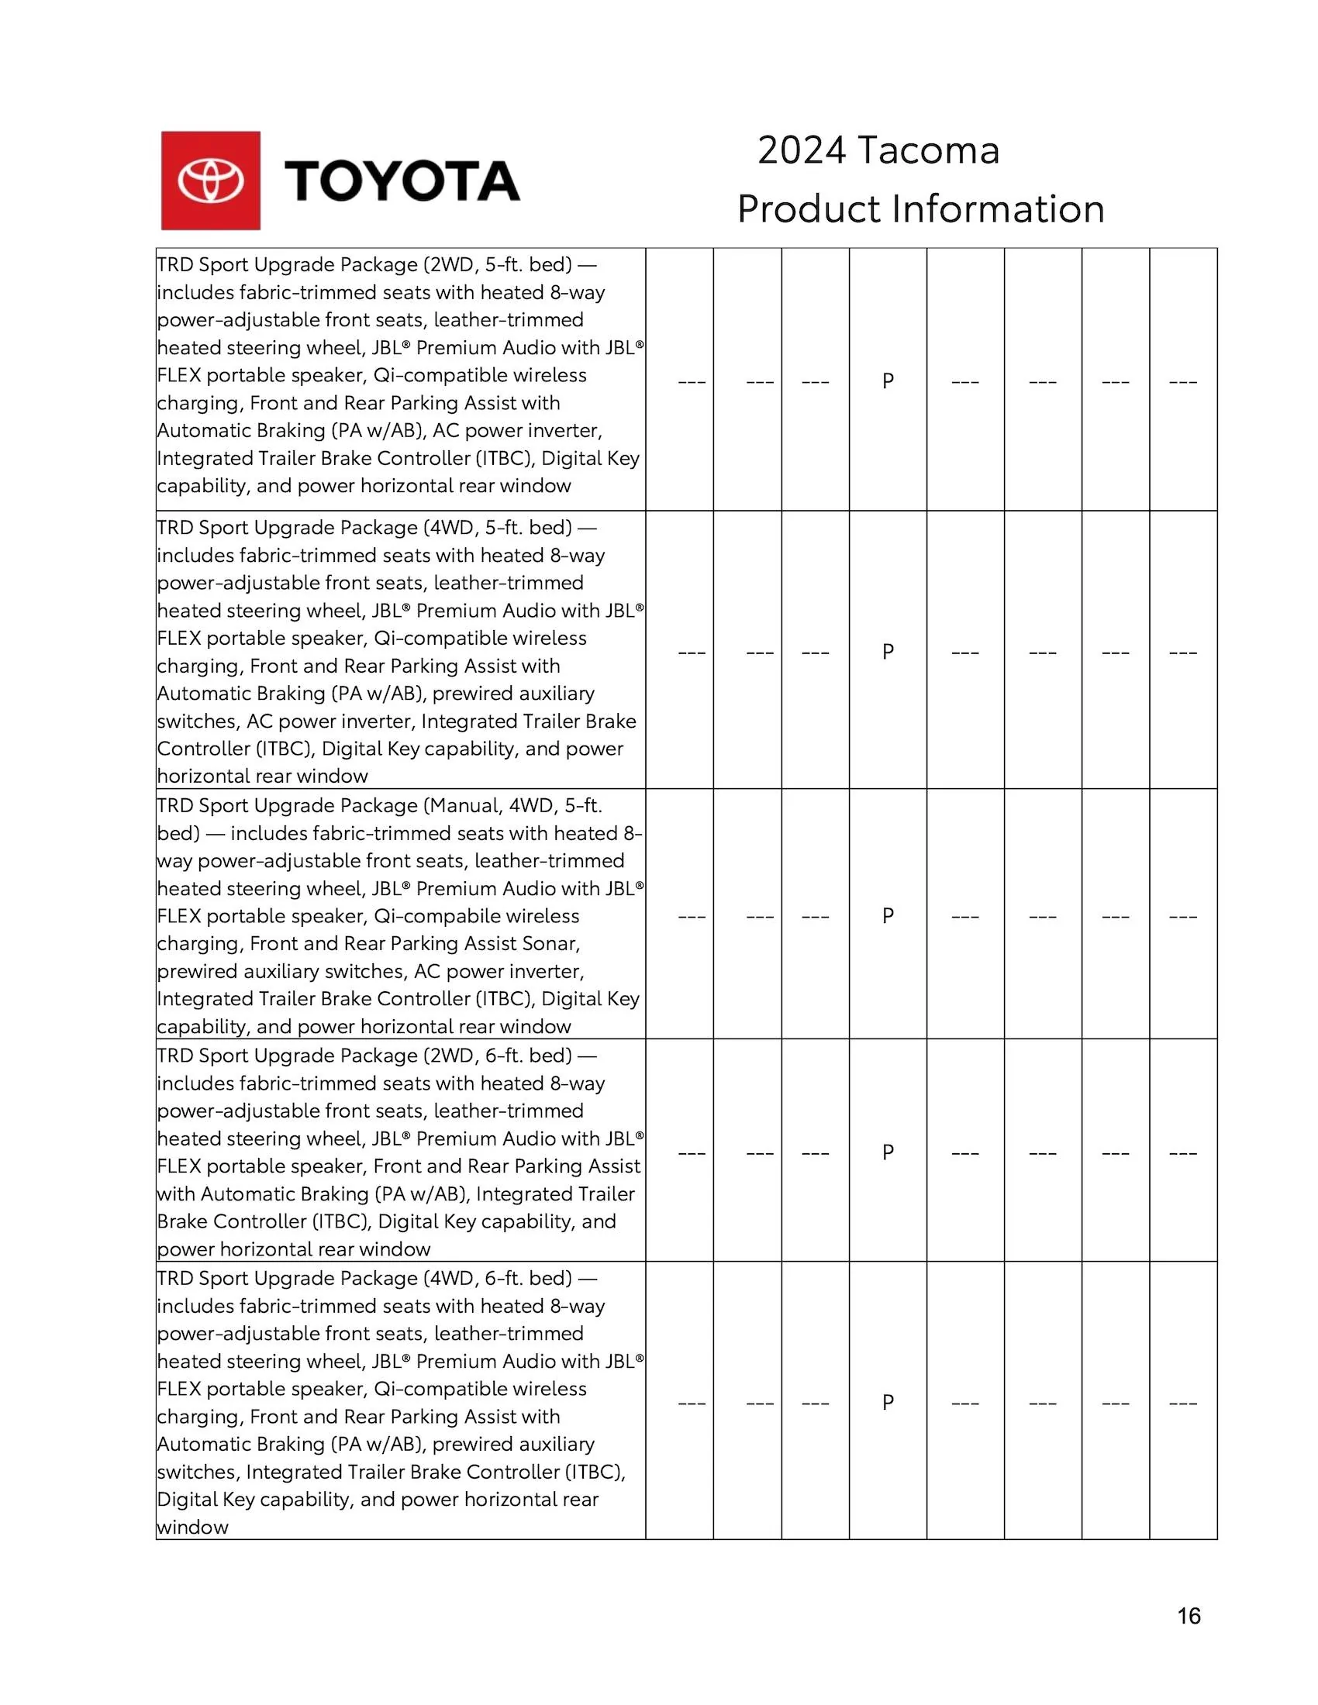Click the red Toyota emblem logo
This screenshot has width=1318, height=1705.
pyautogui.click(x=211, y=181)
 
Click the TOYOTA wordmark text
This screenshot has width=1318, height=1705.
pyautogui.click(x=402, y=181)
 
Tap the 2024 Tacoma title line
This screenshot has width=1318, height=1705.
pyautogui.click(x=878, y=150)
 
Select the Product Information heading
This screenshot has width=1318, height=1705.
pyautogui.click(x=920, y=209)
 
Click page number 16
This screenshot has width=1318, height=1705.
pyautogui.click(x=1189, y=1616)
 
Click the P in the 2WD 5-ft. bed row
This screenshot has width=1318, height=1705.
pyautogui.click(x=888, y=381)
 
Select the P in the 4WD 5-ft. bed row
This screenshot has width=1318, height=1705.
pyautogui.click(x=888, y=651)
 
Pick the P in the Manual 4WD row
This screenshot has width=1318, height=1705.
pyautogui.click(x=888, y=915)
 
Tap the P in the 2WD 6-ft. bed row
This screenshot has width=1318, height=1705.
pyautogui.click(x=888, y=1152)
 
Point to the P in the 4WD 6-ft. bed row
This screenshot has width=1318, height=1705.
pyautogui.click(x=888, y=1402)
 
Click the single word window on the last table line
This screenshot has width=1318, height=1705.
pyautogui.click(x=193, y=1527)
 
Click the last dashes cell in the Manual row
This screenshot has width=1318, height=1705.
pyautogui.click(x=1183, y=917)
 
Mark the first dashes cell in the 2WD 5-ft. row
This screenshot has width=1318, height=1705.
pyautogui.click(x=692, y=383)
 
